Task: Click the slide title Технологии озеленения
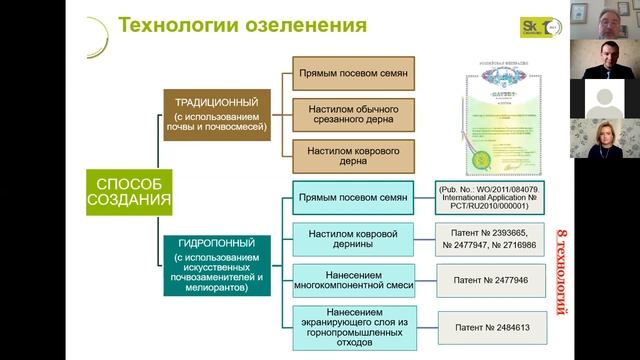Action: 242,23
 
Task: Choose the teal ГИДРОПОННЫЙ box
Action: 217,263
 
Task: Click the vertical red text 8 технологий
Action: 560,258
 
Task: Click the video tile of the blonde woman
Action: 604,140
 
